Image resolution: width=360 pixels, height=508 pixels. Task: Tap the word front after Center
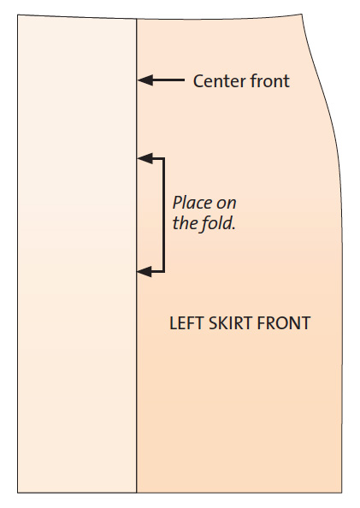click(x=270, y=80)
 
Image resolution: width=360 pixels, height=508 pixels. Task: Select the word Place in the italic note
click(x=192, y=203)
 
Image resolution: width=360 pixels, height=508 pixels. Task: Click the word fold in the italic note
click(x=218, y=223)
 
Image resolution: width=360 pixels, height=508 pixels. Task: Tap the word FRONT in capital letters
click(x=284, y=323)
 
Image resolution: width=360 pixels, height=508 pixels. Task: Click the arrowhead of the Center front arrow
click(x=145, y=80)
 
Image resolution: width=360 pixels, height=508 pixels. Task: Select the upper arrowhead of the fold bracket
click(x=145, y=158)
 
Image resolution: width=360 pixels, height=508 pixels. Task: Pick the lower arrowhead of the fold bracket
click(x=145, y=271)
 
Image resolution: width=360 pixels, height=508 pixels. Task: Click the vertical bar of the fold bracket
click(x=163, y=215)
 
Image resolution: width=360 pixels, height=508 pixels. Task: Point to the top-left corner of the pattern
click(x=17, y=15)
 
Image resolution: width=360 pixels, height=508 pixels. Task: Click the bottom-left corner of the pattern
click(x=17, y=493)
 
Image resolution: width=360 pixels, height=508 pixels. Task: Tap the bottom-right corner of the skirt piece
click(x=342, y=493)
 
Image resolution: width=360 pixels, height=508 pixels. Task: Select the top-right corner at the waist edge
click(x=302, y=14)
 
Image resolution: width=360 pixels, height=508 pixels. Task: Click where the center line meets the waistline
click(x=137, y=19)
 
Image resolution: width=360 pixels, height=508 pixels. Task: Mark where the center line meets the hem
click(x=137, y=493)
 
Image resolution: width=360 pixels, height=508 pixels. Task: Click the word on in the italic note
click(x=227, y=204)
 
